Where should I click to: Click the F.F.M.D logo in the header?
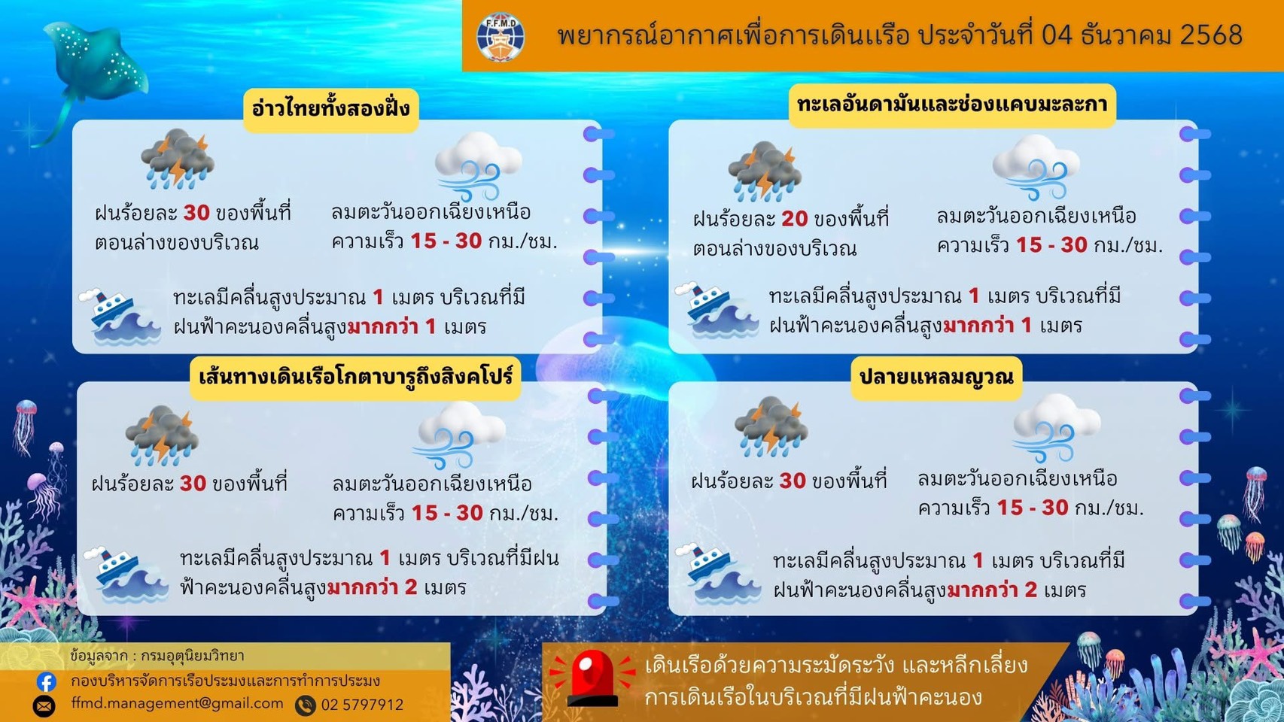pyautogui.click(x=501, y=36)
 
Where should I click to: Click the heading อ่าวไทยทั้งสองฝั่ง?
pyautogui.click(x=330, y=109)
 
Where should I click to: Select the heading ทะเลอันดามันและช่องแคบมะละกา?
pyautogui.click(x=952, y=105)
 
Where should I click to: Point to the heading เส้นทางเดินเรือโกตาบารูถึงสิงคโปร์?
pyautogui.click(x=355, y=375)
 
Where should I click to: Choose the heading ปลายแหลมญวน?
pyautogui.click(x=936, y=376)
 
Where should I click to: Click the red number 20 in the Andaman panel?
pyautogui.click(x=794, y=219)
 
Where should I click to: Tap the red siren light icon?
pyautogui.click(x=592, y=677)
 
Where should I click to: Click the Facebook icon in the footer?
pyautogui.click(x=47, y=681)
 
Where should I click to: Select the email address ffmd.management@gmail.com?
pyautogui.click(x=178, y=704)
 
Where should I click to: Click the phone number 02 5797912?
pyautogui.click(x=362, y=705)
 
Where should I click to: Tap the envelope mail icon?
pyautogui.click(x=44, y=705)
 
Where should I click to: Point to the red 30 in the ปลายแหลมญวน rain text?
pyautogui.click(x=792, y=481)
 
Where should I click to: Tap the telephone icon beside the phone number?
pyautogui.click(x=306, y=705)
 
